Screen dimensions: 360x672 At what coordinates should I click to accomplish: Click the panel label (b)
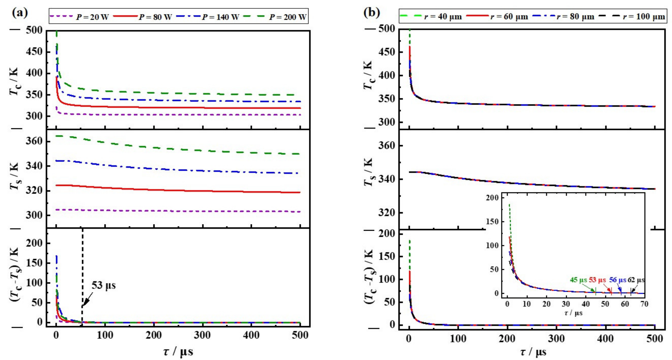[372, 12]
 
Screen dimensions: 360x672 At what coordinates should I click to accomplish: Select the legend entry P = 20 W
[92, 17]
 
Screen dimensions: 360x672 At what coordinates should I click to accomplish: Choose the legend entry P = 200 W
[288, 17]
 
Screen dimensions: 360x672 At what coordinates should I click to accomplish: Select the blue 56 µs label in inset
[618, 280]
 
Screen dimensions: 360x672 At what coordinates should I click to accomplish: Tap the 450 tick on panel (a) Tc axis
[34, 52]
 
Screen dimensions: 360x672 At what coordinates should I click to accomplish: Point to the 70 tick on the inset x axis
[644, 304]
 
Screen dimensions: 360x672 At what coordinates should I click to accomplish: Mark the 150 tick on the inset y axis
[492, 222]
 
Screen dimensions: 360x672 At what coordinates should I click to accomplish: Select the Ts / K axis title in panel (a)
[14, 176]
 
